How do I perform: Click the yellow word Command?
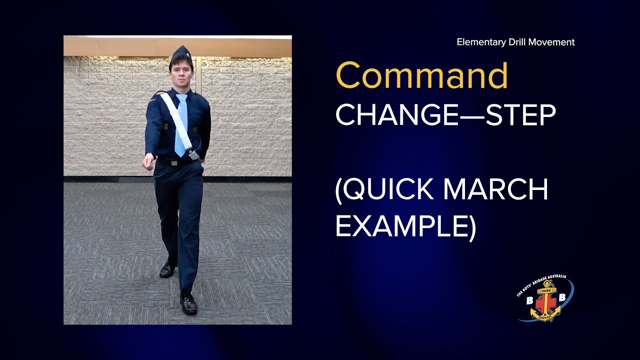click(421, 76)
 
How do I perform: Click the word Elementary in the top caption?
click(481, 42)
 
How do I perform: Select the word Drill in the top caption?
click(518, 42)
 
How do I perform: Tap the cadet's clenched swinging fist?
click(147, 162)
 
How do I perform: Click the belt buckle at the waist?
click(173, 163)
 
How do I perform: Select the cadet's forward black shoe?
click(188, 303)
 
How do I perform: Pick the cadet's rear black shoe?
click(167, 270)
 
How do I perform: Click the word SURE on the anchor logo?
click(546, 289)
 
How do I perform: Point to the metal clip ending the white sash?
click(193, 155)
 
